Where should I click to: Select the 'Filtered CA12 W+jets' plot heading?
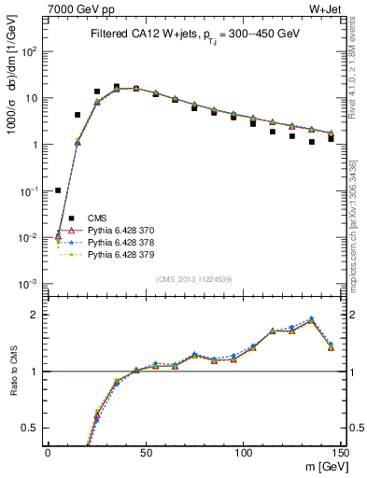click(195, 34)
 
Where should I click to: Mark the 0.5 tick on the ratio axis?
click(34, 428)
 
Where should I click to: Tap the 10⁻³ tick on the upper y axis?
click(30, 284)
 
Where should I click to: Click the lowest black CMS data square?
click(58, 190)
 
